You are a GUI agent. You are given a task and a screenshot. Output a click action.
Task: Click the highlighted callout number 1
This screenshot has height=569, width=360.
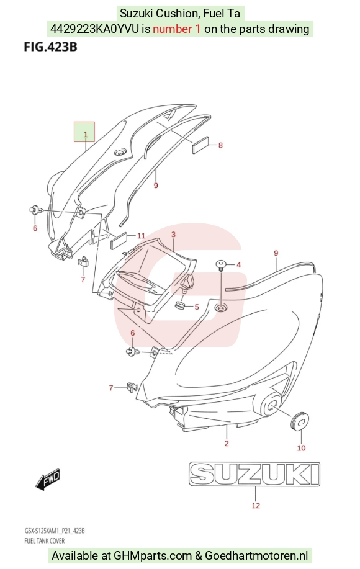coord(86,135)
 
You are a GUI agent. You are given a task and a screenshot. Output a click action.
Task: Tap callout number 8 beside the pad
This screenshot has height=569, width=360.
coord(220,146)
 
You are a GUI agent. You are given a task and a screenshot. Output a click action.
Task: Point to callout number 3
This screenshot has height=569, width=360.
coord(173,235)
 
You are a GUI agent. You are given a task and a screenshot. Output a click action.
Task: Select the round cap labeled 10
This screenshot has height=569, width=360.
coord(300,421)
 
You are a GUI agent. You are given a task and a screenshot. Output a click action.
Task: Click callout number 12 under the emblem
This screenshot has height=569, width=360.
coord(256,506)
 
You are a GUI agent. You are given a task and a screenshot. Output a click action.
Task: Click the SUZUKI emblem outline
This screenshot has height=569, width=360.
coord(254,474)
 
